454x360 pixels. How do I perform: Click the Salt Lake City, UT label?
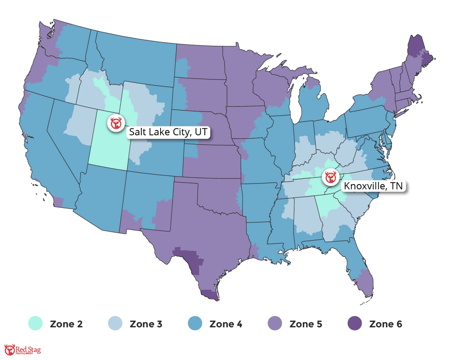pyautogui.click(x=168, y=132)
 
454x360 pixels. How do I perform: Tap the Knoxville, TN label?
pyautogui.click(x=373, y=186)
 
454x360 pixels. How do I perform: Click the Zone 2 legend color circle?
pyautogui.click(x=35, y=324)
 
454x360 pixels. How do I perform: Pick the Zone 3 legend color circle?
pyautogui.click(x=115, y=324)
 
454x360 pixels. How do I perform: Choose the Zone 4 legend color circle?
pyautogui.click(x=195, y=324)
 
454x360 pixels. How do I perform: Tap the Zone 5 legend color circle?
pyautogui.click(x=275, y=324)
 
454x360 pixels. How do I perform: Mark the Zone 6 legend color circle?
pyautogui.click(x=355, y=324)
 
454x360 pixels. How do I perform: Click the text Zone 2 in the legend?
pyautogui.click(x=67, y=324)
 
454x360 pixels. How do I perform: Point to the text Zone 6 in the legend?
pyautogui.click(x=386, y=324)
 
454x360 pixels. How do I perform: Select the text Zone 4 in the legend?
pyautogui.click(x=226, y=324)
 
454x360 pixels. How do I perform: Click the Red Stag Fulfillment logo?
pyautogui.click(x=22, y=350)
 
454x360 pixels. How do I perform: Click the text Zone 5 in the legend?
pyautogui.click(x=306, y=324)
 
